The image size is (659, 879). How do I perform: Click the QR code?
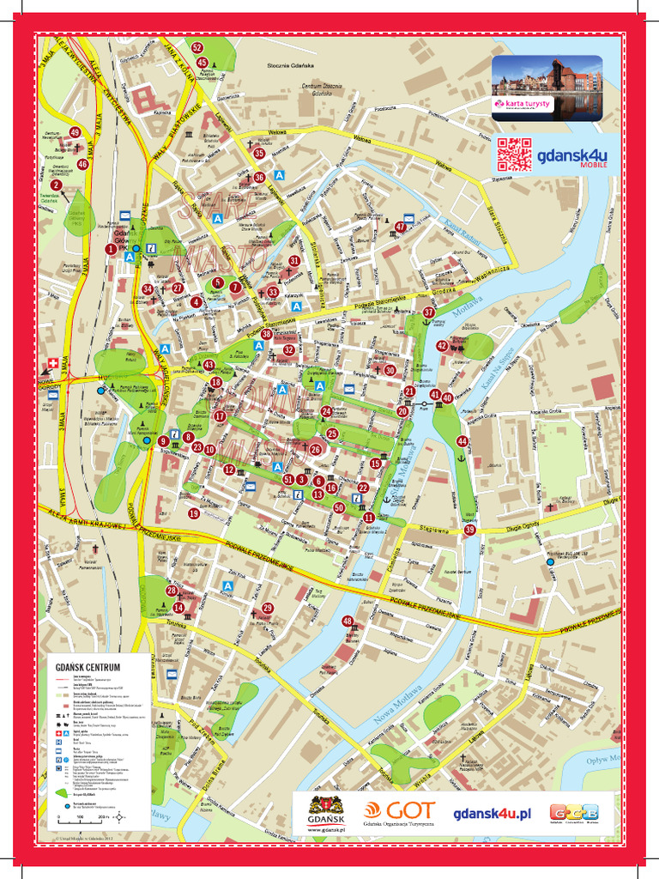pyautogui.click(x=514, y=155)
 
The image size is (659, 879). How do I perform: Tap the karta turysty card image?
pyautogui.click(x=547, y=88)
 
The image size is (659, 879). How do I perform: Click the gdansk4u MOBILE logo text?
pyautogui.click(x=571, y=157)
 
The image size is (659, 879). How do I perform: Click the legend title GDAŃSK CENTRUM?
pyautogui.click(x=87, y=666)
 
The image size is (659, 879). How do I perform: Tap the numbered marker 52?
pyautogui.click(x=197, y=48)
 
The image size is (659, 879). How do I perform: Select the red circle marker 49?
pyautogui.click(x=75, y=132)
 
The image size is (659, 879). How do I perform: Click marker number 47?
pyautogui.click(x=400, y=227)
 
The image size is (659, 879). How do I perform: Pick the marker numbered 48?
pyautogui.click(x=348, y=621)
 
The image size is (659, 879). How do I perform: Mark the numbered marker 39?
pyautogui.click(x=469, y=530)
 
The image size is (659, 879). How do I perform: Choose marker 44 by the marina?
pyautogui.click(x=463, y=441)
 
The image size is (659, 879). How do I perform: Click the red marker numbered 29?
pyautogui.click(x=268, y=608)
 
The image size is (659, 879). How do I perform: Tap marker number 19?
pyautogui.click(x=194, y=513)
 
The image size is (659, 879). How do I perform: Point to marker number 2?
pyautogui.click(x=57, y=185)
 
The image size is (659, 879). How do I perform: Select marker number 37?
pyautogui.click(x=428, y=312)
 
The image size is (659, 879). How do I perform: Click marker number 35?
pyautogui.click(x=259, y=154)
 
